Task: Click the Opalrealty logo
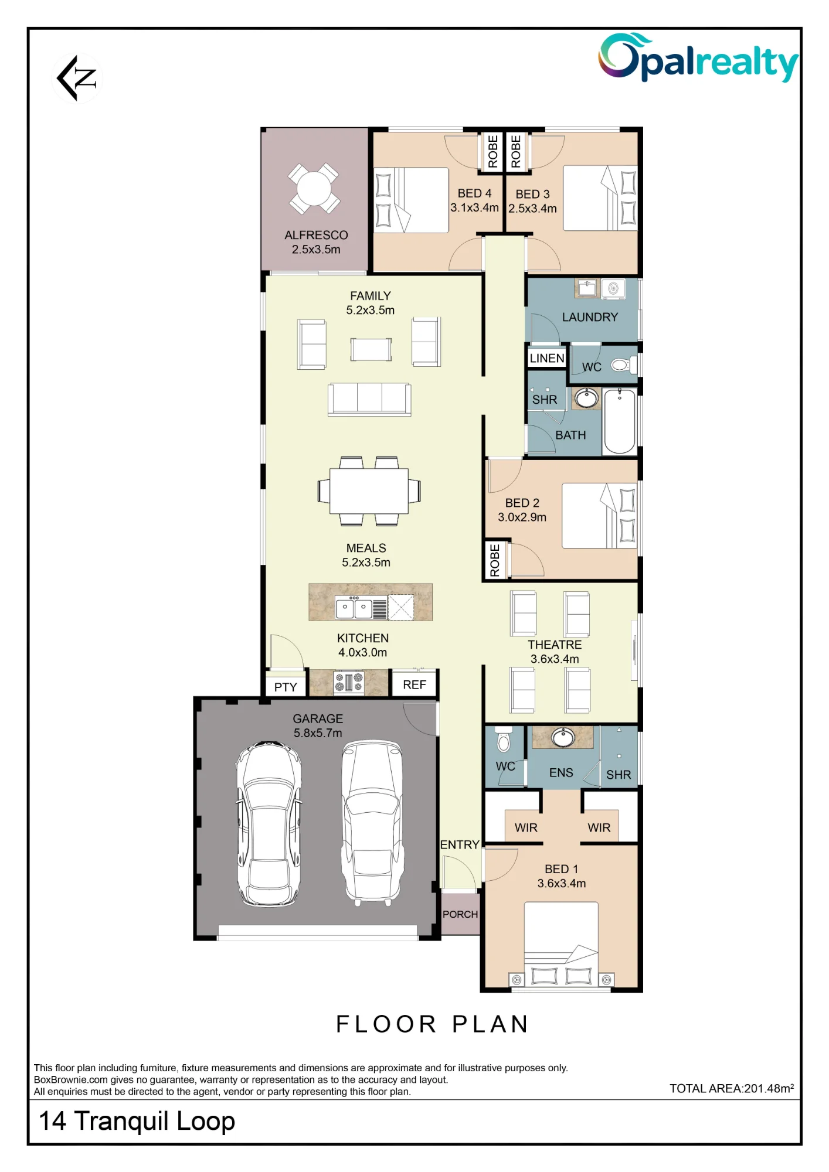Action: [698, 57]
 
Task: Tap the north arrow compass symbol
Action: [77, 78]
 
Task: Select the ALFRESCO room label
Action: [316, 235]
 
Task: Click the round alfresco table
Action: [314, 189]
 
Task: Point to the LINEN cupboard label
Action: [547, 358]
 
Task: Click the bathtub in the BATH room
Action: [620, 421]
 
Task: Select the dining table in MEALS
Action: [369, 491]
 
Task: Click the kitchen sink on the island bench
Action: [354, 608]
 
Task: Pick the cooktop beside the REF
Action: [349, 683]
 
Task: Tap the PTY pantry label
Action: [286, 687]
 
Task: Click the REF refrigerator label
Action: [414, 684]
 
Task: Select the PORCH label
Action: [460, 914]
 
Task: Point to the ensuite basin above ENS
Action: [563, 737]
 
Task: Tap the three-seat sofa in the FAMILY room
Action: [369, 399]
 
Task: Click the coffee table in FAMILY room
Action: [371, 350]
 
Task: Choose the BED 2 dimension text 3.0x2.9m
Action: [522, 517]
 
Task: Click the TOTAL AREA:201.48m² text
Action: [732, 1088]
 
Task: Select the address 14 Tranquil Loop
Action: [137, 1121]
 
